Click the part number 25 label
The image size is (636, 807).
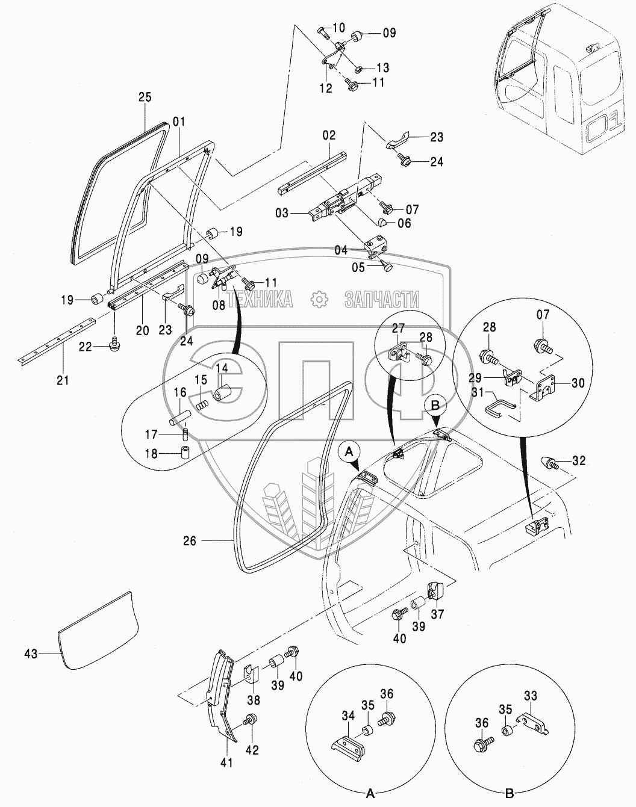coord(145,97)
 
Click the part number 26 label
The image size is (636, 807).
coord(190,541)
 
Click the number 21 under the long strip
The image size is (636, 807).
coord(63,380)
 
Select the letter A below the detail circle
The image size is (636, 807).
coord(371,794)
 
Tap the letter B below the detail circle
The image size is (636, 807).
coord(509,794)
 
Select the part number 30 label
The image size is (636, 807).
coord(578,383)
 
